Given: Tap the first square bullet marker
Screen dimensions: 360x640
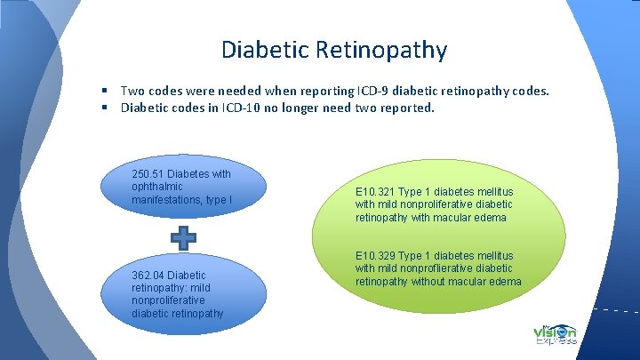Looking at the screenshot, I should pos(104,91).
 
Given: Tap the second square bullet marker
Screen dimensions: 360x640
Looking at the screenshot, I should pos(104,108).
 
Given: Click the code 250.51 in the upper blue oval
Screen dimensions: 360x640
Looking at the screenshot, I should pos(147,174).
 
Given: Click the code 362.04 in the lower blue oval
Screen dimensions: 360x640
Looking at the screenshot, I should pos(147,276).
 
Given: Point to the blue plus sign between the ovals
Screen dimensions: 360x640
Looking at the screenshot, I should pos(183,238).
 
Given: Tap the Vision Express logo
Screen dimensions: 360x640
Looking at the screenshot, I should pos(556,334).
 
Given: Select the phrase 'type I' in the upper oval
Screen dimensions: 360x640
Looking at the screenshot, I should pos(218,200).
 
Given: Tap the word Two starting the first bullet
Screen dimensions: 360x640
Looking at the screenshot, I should pos(132,91).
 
